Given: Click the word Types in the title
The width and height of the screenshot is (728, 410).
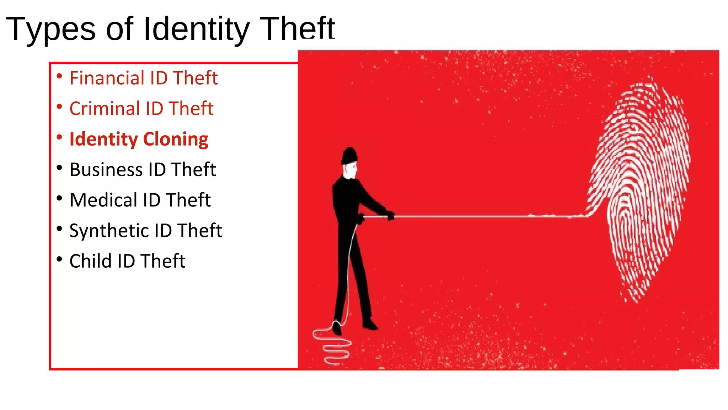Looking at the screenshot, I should pos(51,29).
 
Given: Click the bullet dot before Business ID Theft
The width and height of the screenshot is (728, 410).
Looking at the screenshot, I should pos(59,167).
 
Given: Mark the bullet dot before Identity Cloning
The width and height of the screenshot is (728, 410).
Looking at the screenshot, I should pos(59,137).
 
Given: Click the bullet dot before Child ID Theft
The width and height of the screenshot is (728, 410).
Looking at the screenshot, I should pos(59,259).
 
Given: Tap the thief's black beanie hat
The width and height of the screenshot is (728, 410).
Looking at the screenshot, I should pos(350,155).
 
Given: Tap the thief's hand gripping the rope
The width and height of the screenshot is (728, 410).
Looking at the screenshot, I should pos(390,216).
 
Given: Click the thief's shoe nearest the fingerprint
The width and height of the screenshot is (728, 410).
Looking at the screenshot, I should pos(370,324).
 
